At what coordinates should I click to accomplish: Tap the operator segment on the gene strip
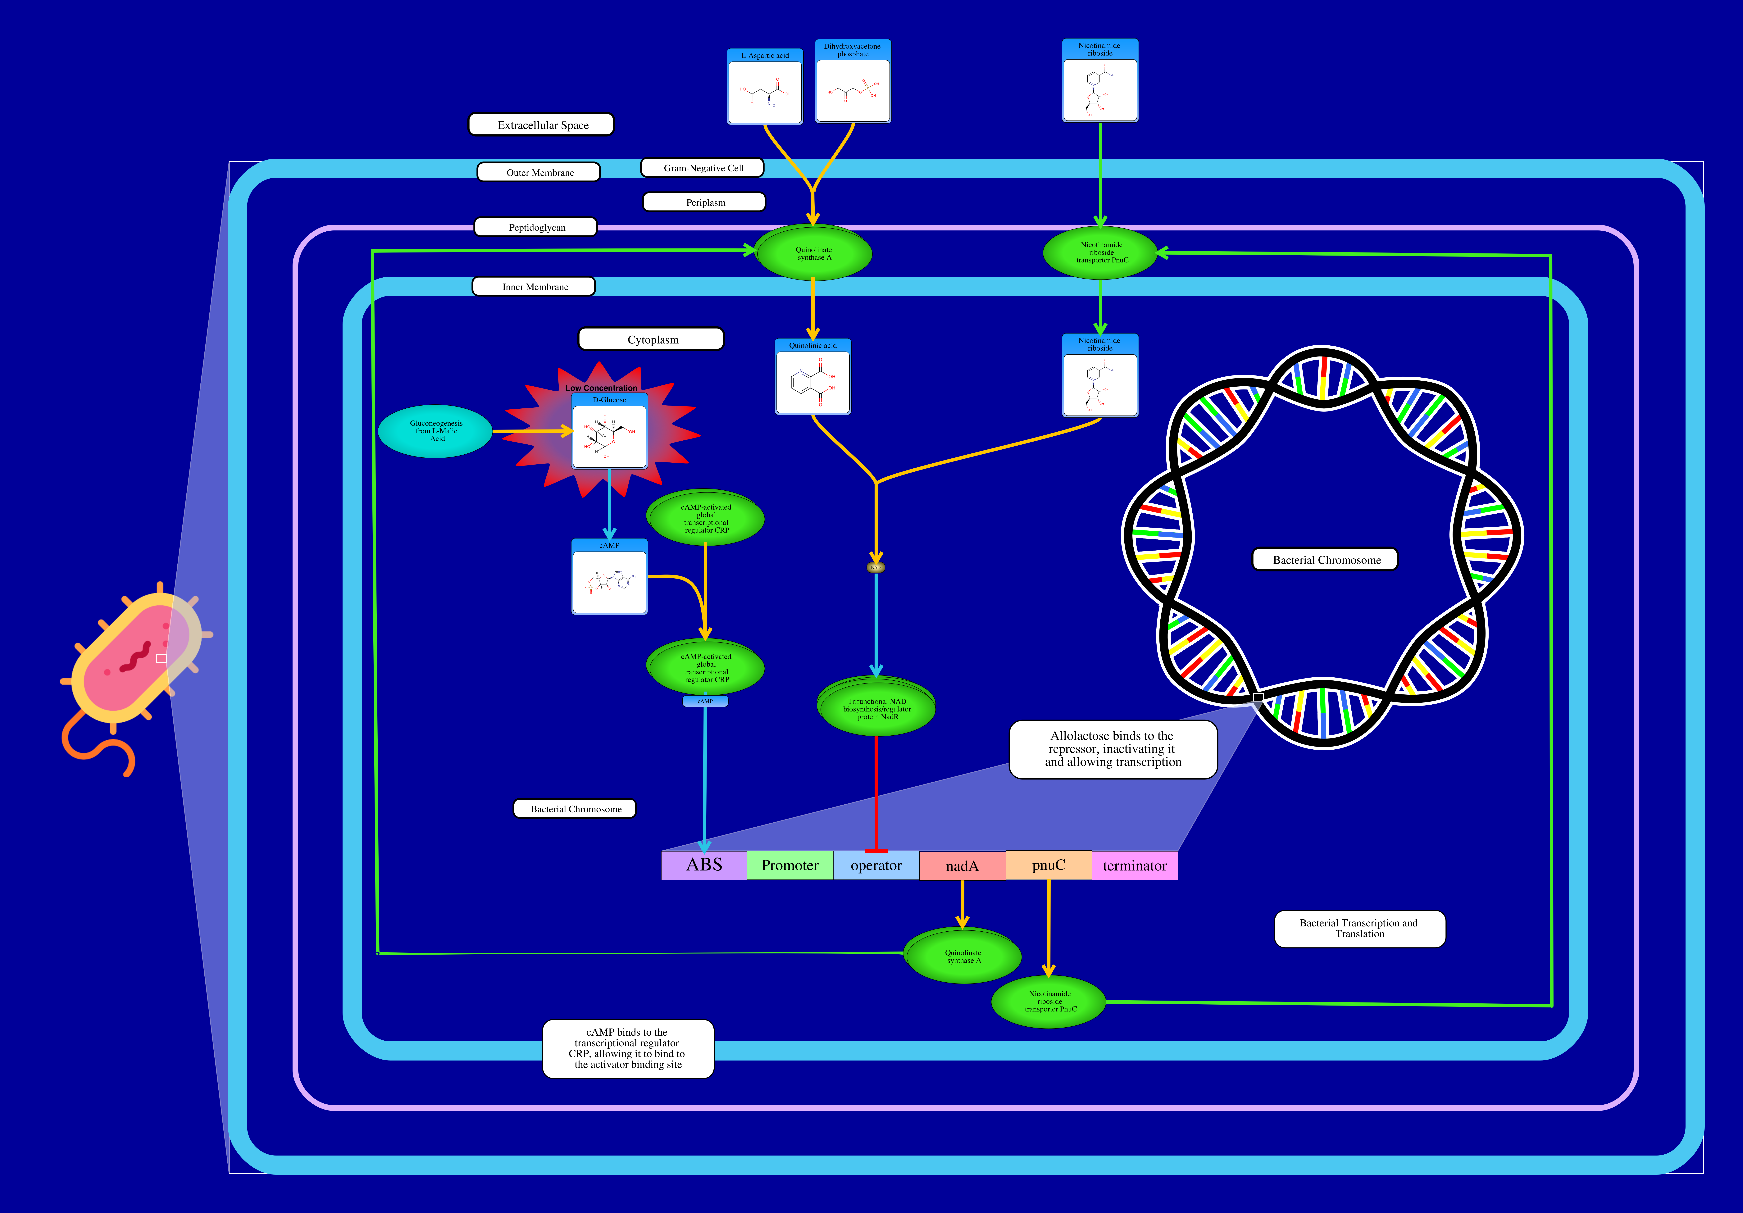click(876, 865)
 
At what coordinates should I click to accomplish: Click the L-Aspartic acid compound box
click(764, 87)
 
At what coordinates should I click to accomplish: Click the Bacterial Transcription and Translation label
click(1359, 928)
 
